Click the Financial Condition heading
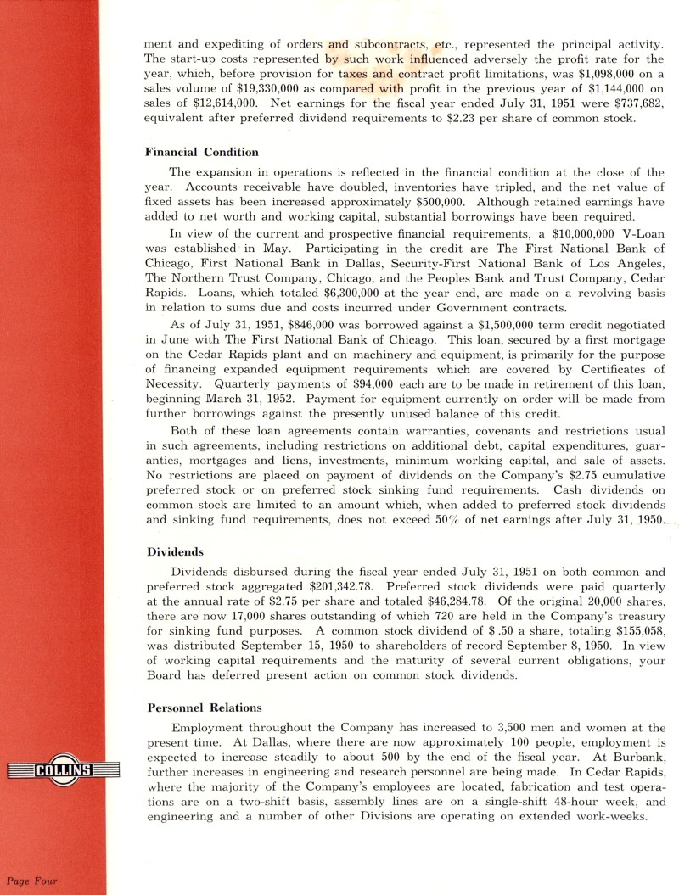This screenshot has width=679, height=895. (x=201, y=152)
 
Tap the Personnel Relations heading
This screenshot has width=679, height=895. (x=204, y=707)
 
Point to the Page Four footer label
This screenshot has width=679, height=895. (x=32, y=881)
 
